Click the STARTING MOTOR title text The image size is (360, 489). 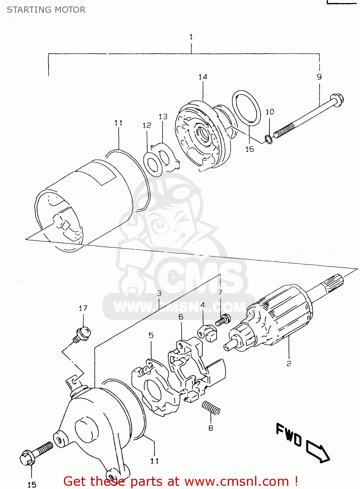pos(46,10)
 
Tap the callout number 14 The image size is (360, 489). pos(203,77)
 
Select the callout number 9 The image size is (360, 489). pos(319,77)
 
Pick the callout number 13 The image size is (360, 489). pos(163,117)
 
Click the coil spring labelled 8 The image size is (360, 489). pos(211,408)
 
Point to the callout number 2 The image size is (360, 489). pos(289,363)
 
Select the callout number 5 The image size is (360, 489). pos(151,335)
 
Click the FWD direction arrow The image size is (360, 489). pos(318,452)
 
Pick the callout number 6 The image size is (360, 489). pos(181,317)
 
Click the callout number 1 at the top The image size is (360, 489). pos(191,37)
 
